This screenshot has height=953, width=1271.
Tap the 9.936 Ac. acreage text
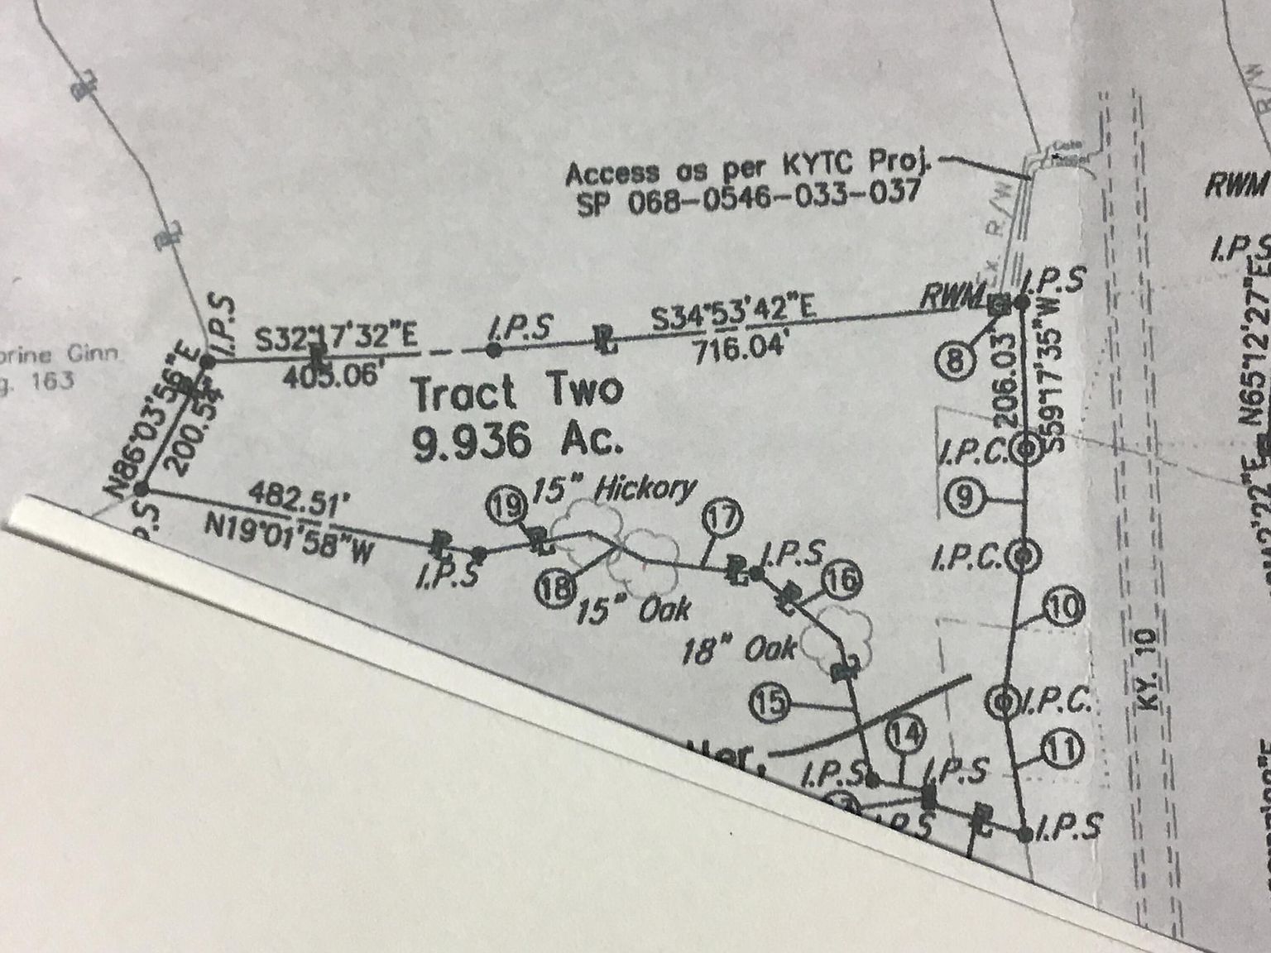pos(516,443)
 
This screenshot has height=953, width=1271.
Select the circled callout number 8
pos(954,360)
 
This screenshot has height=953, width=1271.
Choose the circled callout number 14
pos(904,734)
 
